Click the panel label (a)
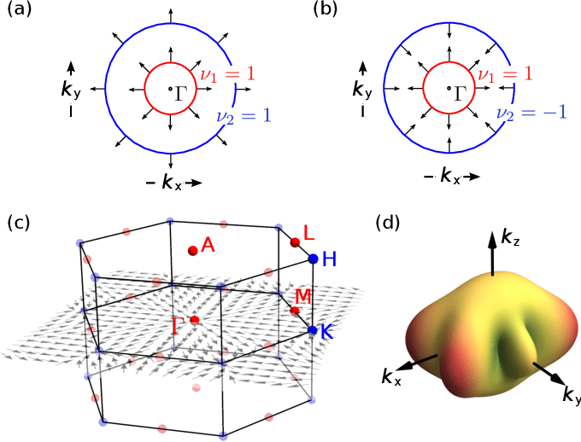pyautogui.click(x=20, y=12)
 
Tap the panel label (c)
pyautogui.click(x=19, y=224)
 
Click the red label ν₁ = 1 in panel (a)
pyautogui.click(x=227, y=74)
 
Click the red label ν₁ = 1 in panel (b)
pyautogui.click(x=505, y=74)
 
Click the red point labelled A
pyautogui.click(x=193, y=250)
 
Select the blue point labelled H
pyautogui.click(x=313, y=259)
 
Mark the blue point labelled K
pyautogui.click(x=312, y=330)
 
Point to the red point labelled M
pyautogui.click(x=295, y=310)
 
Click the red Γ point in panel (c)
pyautogui.click(x=195, y=320)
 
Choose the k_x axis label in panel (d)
pyautogui.click(x=391, y=376)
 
